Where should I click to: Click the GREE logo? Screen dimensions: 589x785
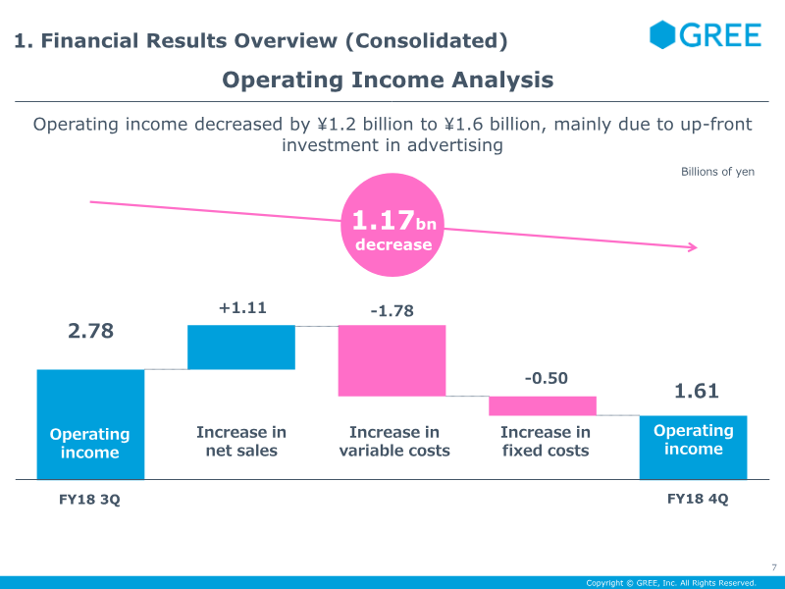[x=705, y=35]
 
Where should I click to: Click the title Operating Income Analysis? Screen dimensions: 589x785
[x=388, y=80]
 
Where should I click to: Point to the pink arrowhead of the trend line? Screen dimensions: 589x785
[x=693, y=247]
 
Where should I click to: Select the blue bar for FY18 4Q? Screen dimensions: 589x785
[x=693, y=447]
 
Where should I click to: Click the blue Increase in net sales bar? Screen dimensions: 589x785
[x=241, y=348]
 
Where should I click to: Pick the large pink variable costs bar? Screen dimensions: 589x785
[x=392, y=360]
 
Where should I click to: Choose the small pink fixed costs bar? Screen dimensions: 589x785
[x=543, y=405]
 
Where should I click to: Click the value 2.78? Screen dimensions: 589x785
[x=90, y=331]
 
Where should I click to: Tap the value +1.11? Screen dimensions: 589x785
[x=242, y=307]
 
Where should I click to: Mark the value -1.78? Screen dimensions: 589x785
[x=392, y=311]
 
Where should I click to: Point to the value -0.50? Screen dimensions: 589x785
[x=546, y=378]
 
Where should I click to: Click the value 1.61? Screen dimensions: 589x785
[x=696, y=391]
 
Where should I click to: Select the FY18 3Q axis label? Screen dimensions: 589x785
[x=89, y=499]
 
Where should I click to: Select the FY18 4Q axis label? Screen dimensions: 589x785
[x=698, y=498]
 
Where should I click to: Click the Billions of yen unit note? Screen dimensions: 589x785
[x=717, y=172]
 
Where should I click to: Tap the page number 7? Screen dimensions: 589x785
[x=773, y=566]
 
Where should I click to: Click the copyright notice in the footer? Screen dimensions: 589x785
[x=671, y=583]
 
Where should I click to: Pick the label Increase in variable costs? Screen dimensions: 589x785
[x=394, y=442]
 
